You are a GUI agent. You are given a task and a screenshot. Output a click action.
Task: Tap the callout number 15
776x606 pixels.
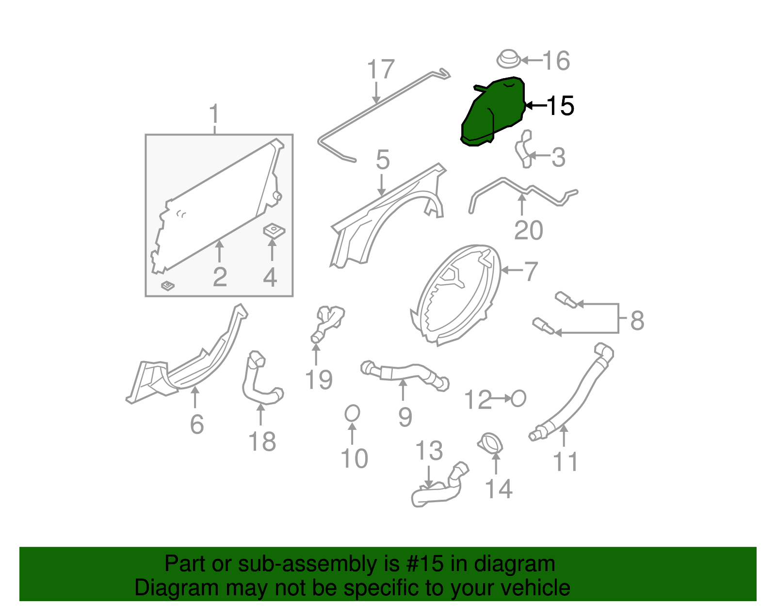561,106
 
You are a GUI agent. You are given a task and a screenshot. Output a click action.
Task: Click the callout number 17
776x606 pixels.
381,69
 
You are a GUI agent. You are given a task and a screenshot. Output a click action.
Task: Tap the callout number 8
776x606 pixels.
637,320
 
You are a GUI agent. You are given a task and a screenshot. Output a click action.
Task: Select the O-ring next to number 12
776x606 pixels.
518,399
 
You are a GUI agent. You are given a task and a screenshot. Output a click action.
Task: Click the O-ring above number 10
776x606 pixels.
353,413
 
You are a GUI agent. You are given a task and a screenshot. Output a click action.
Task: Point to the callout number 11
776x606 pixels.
565,461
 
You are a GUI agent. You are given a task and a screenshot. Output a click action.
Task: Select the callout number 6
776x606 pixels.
197,424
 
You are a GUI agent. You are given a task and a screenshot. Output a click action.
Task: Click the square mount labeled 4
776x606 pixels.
274,230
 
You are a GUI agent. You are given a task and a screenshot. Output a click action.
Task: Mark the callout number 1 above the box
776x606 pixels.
214,115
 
